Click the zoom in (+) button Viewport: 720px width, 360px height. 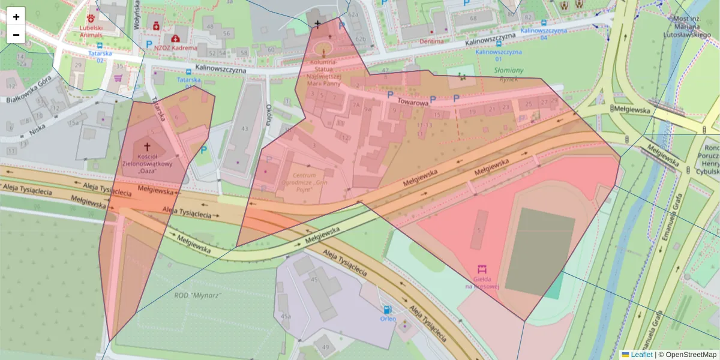16,17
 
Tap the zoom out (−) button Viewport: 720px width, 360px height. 16,35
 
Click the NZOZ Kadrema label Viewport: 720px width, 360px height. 176,47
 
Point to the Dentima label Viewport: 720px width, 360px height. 432,41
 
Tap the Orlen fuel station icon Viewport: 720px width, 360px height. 388,310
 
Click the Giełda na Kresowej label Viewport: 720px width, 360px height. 482,283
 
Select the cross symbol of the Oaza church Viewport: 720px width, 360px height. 147,146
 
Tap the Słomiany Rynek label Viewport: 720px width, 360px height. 508,74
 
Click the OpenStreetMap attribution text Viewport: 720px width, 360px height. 687,355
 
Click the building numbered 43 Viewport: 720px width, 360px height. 244,129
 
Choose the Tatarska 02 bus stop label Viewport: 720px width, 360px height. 101,56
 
